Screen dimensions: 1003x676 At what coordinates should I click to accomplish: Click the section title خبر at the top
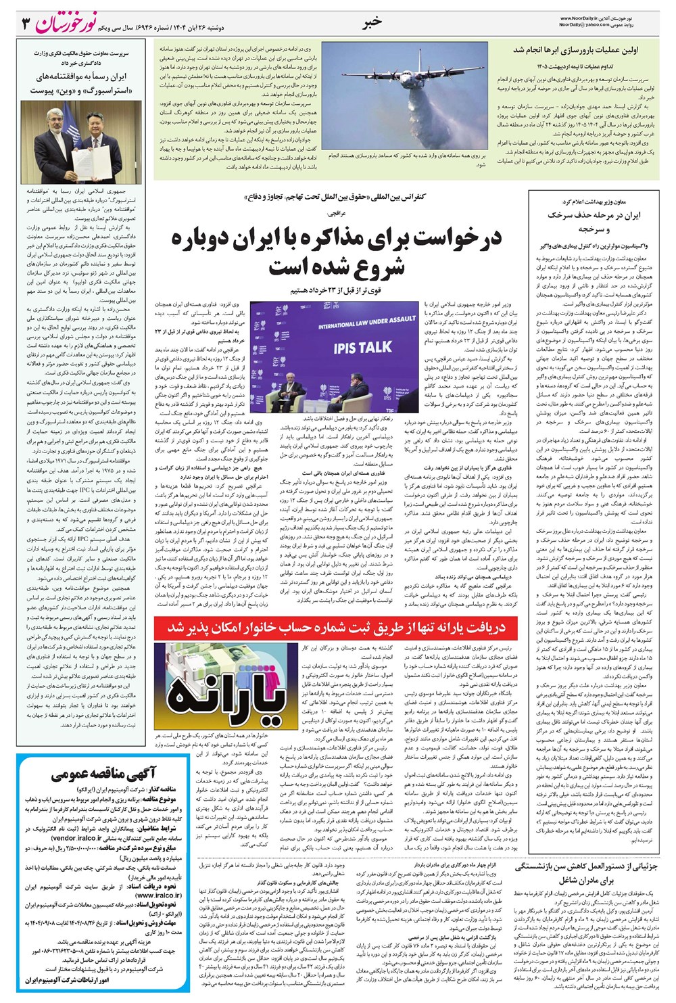(x=372, y=22)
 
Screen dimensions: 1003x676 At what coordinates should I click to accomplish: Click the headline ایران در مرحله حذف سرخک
(x=594, y=216)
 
